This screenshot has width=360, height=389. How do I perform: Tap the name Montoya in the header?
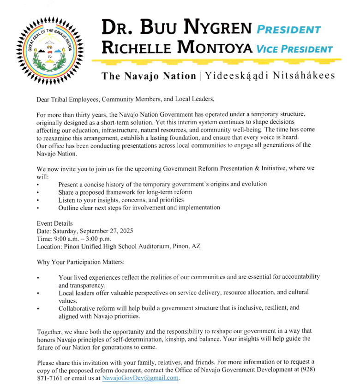click(212, 47)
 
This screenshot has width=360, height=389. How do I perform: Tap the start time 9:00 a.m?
click(66, 239)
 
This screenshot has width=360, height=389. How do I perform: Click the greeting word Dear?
click(44, 99)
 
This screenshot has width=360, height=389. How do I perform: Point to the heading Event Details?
click(54, 223)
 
